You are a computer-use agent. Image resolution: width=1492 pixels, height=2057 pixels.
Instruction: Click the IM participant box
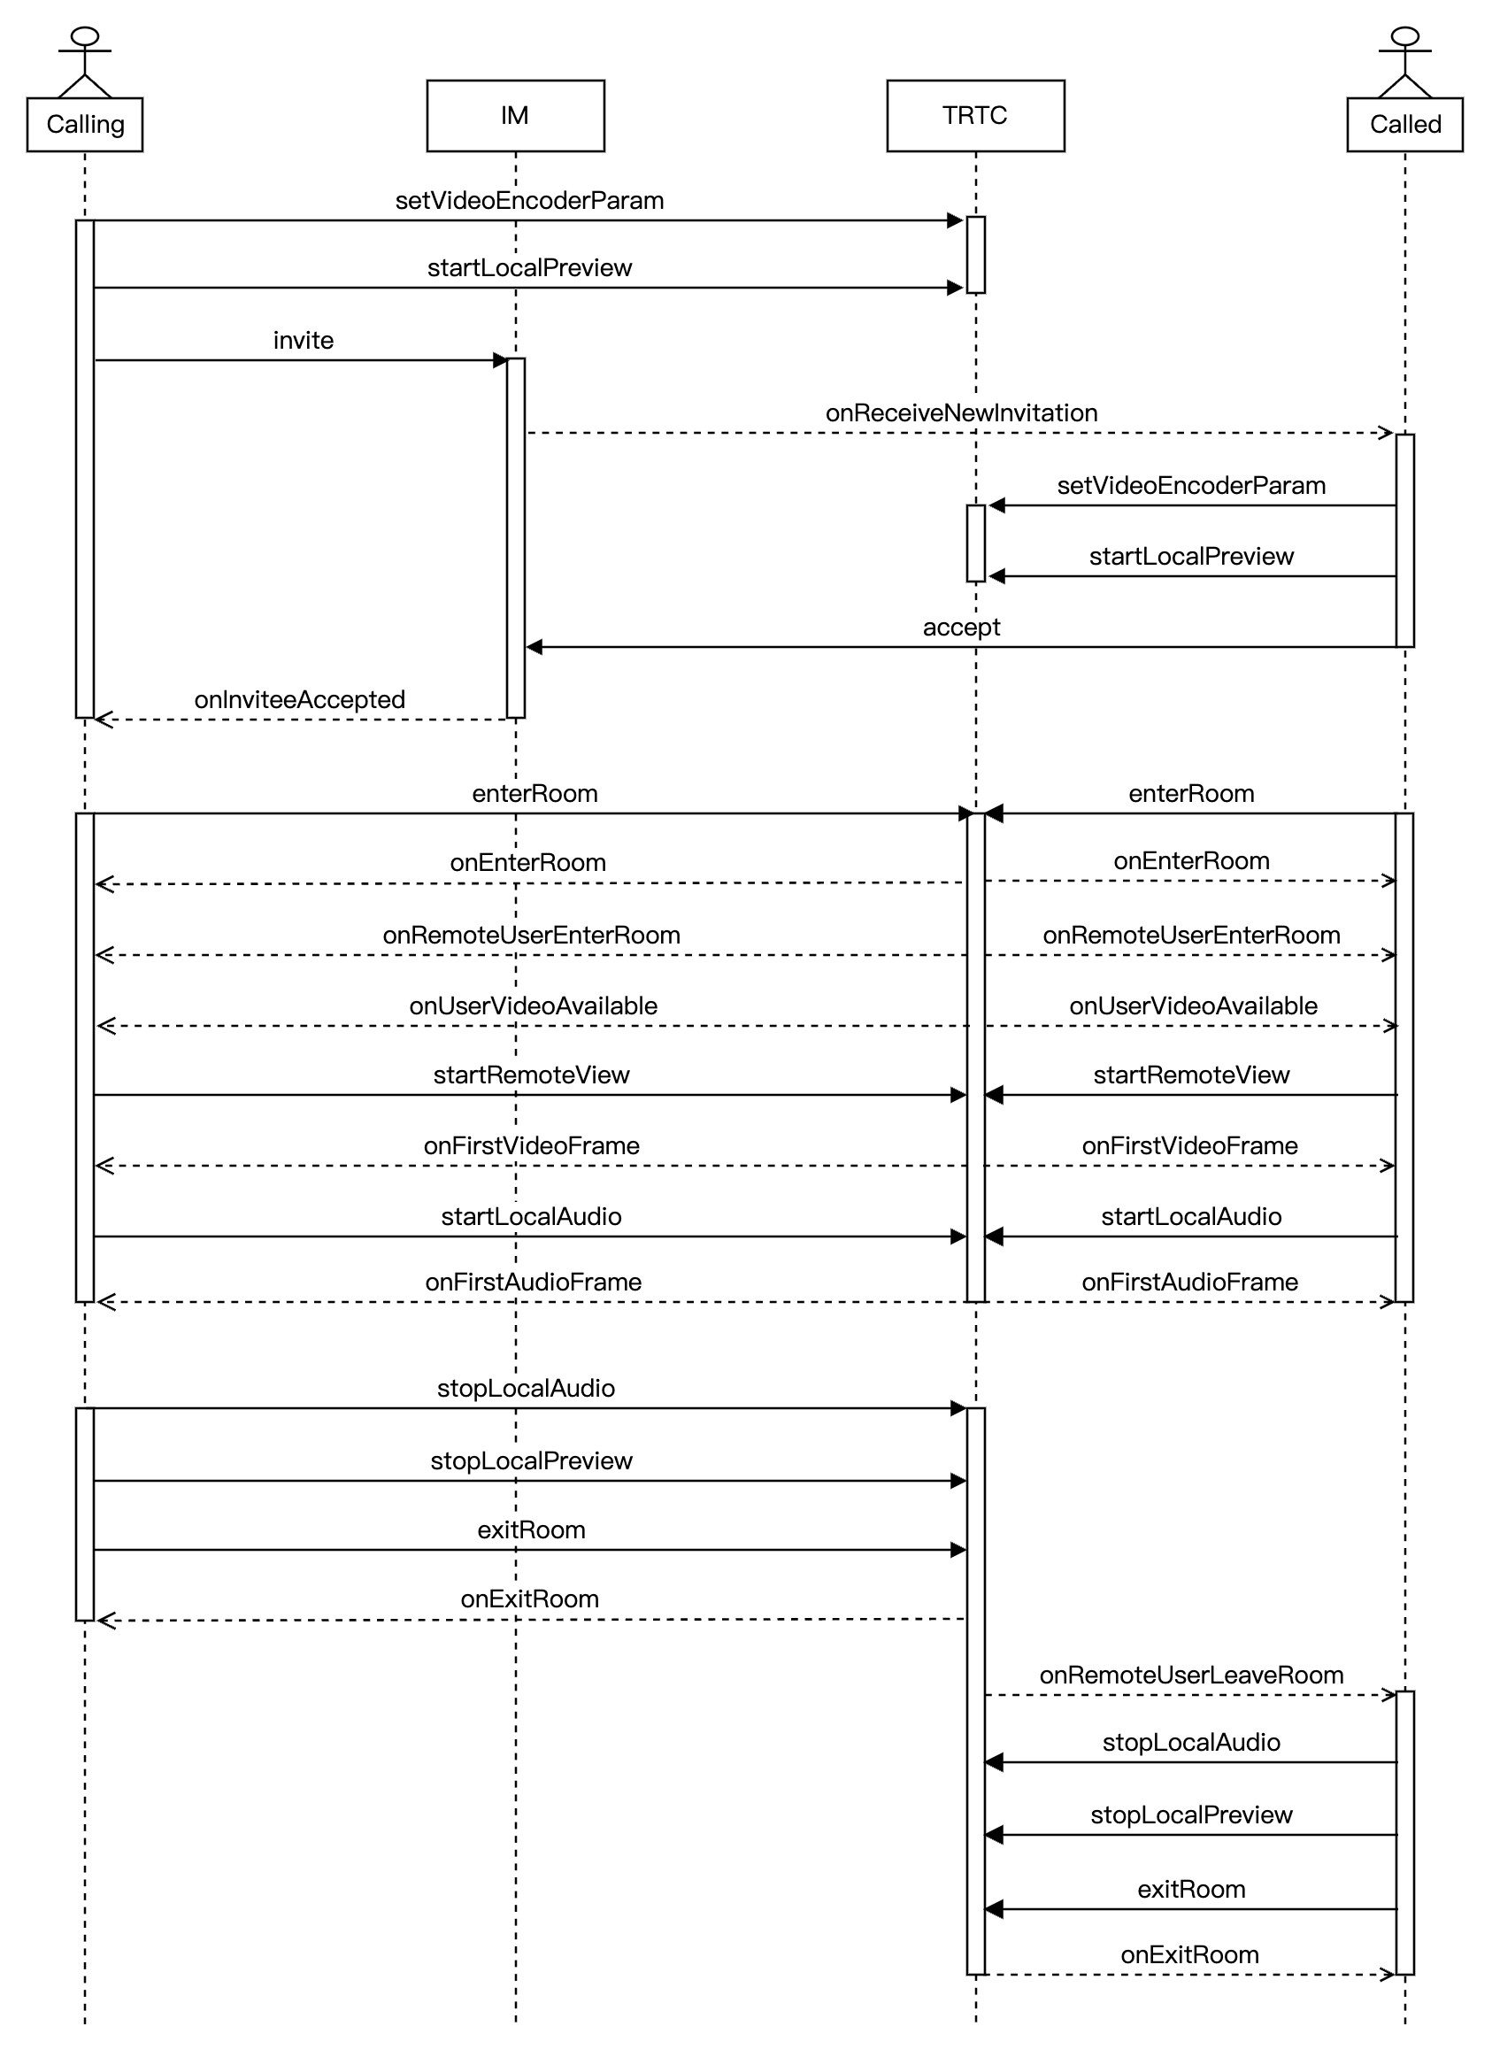pos(515,116)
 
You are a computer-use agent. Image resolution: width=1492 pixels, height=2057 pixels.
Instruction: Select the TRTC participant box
pos(975,116)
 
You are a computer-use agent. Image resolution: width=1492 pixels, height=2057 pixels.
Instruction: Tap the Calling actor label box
pos(85,125)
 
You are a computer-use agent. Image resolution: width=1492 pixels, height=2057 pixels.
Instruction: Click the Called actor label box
pos(1404,125)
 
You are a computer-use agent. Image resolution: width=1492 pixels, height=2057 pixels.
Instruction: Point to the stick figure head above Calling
pos(85,36)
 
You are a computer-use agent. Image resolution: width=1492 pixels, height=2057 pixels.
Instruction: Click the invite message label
pos(303,341)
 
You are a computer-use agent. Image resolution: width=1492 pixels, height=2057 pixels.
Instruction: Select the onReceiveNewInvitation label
pos(960,413)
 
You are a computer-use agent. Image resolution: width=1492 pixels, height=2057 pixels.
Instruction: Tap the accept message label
pos(960,628)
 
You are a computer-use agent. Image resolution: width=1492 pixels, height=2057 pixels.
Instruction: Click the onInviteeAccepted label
pos(299,700)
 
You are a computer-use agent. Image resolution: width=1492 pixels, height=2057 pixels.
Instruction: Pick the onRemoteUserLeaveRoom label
pos(1191,1676)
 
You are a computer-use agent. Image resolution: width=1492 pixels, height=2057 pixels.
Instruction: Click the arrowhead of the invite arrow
pos(500,361)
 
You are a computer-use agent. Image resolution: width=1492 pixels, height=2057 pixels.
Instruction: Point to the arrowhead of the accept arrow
pos(535,648)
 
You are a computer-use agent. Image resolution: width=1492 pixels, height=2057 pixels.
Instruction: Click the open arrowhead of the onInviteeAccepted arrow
pos(104,720)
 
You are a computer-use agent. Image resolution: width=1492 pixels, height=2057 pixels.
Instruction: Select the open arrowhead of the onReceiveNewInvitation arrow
pos(1385,434)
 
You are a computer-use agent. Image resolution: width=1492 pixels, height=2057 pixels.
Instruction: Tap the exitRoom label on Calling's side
pos(531,1530)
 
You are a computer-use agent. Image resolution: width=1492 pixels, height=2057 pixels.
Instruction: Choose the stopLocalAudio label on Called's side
pos(1191,1742)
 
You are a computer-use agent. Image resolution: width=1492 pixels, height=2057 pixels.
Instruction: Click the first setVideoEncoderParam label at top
pos(529,201)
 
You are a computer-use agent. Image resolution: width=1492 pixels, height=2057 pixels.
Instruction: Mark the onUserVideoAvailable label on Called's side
pos(1193,1005)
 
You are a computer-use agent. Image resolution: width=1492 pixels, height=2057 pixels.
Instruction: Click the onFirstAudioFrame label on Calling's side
pos(534,1283)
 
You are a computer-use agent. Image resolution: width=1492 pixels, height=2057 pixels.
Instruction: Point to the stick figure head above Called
pos(1405,36)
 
